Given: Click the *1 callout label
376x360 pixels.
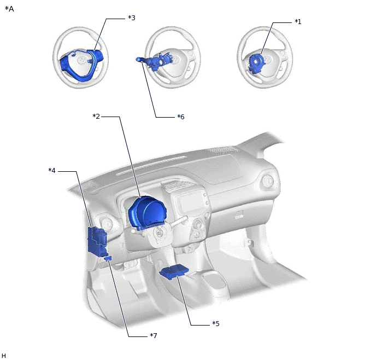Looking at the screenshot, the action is click(298, 22).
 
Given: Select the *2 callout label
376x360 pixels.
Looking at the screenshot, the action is click(96, 117).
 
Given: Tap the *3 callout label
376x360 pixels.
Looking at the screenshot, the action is click(132, 18).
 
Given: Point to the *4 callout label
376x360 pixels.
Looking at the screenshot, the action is click(52, 170).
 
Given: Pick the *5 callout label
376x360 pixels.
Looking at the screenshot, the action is click(216, 323).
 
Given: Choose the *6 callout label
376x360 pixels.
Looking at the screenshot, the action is click(181, 117).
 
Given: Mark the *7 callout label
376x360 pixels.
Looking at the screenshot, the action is click(154, 335).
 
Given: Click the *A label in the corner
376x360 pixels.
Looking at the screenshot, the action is click(9, 9).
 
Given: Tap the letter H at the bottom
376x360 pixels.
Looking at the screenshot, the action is click(4, 356).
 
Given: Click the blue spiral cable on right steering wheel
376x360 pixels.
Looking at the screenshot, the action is click(256, 63).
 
